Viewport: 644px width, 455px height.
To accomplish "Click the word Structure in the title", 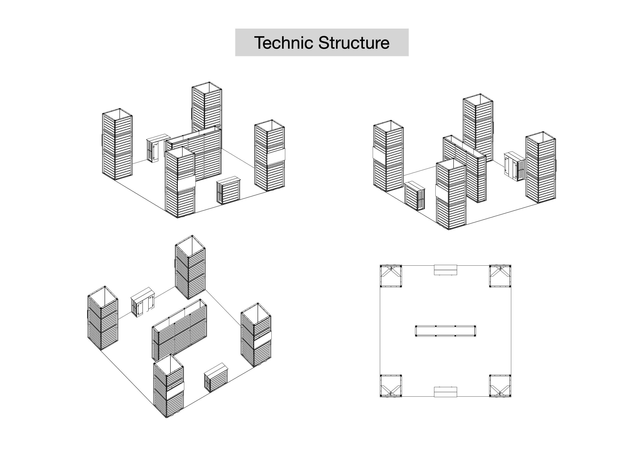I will click(x=354, y=43).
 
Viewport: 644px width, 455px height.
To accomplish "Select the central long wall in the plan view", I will click(x=445, y=331).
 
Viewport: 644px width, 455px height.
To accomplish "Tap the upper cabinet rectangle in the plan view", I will click(x=445, y=270).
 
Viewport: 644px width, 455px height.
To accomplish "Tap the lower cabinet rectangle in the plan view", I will click(x=445, y=392).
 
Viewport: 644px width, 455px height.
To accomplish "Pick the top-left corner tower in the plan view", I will click(x=391, y=276).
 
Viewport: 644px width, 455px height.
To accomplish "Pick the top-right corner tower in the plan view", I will click(x=500, y=276).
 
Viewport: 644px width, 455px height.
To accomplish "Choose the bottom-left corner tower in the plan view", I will click(x=391, y=386).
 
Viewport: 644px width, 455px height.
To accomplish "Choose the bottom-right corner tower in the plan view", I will click(x=500, y=386).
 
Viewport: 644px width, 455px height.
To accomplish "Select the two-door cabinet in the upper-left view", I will click(x=155, y=150).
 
